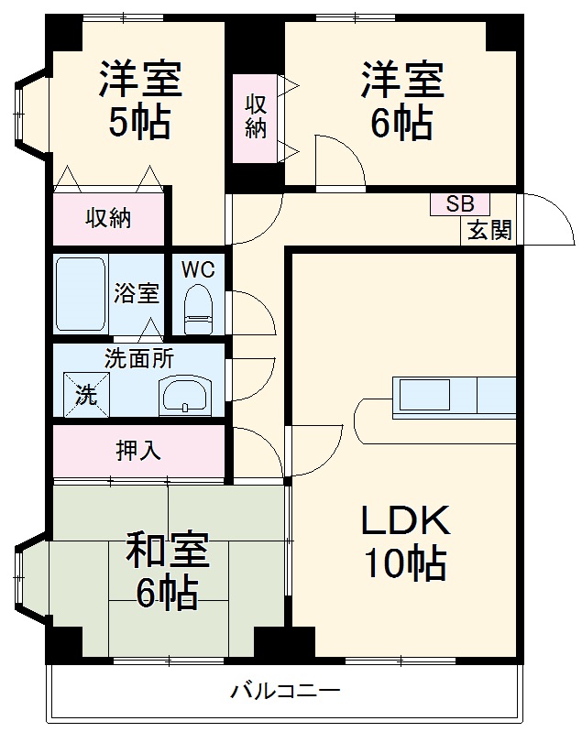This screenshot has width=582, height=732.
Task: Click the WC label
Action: (x=197, y=269)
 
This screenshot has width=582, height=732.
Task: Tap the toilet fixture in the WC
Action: (x=197, y=310)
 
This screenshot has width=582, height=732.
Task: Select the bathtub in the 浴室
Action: (x=82, y=294)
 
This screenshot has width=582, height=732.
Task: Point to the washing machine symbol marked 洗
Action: (x=85, y=396)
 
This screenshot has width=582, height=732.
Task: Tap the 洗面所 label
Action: (x=138, y=359)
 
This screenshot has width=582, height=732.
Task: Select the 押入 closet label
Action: (x=137, y=451)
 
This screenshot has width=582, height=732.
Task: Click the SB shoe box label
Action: (x=459, y=204)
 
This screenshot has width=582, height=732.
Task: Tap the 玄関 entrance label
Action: (x=489, y=230)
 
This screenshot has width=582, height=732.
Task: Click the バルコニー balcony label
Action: (x=285, y=691)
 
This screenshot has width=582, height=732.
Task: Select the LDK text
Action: (x=403, y=521)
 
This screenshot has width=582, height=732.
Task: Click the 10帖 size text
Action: (x=405, y=563)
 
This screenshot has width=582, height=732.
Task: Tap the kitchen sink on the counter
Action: (x=423, y=395)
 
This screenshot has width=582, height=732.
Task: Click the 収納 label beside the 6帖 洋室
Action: (x=256, y=116)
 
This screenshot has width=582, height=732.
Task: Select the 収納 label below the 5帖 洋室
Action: (x=108, y=218)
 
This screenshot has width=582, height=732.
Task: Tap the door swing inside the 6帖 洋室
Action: (x=339, y=161)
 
